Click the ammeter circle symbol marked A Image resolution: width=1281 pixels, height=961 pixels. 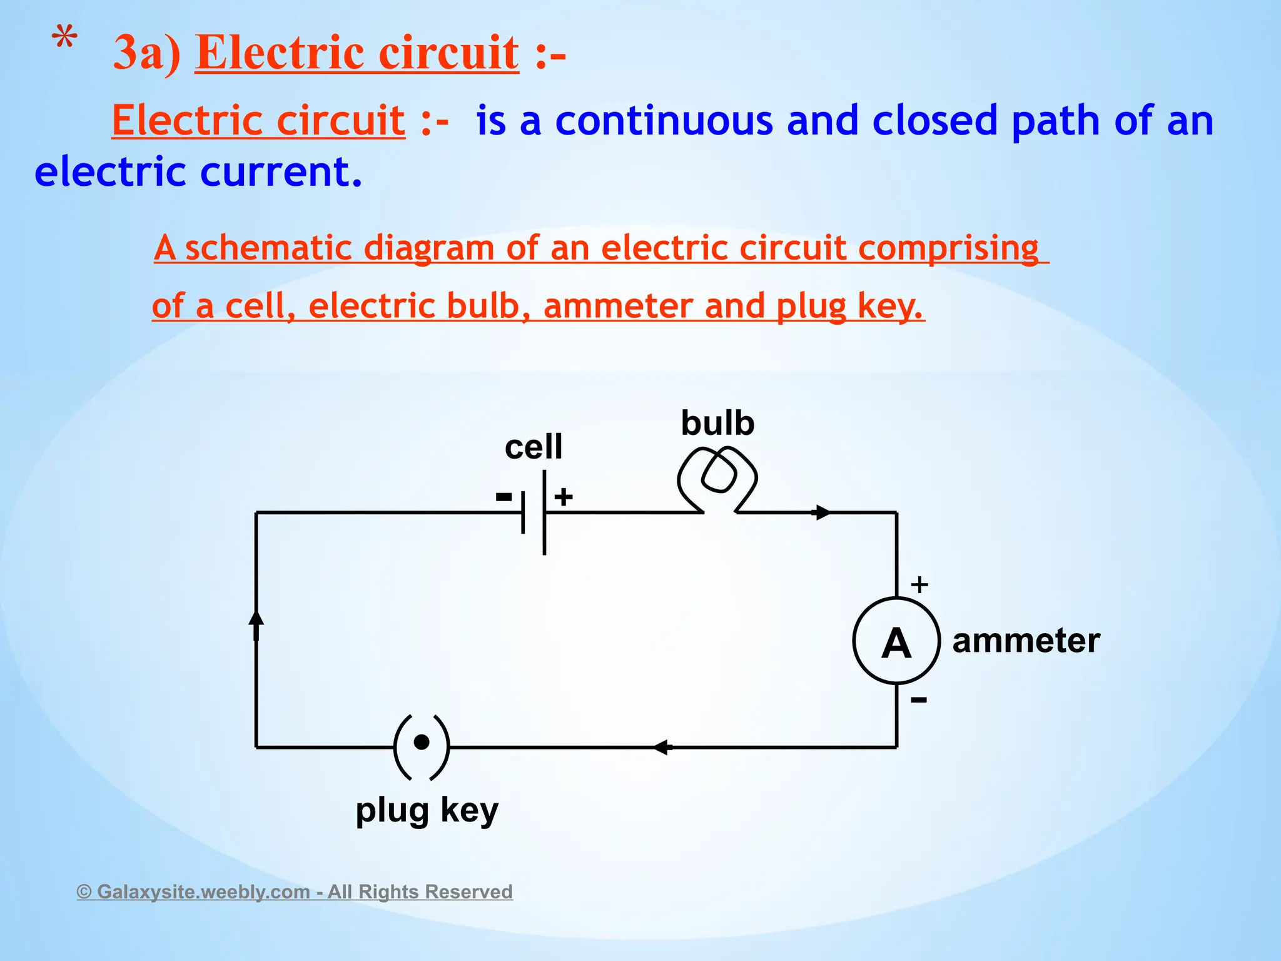pos(896,641)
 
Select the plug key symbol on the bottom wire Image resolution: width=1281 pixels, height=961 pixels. pos(422,747)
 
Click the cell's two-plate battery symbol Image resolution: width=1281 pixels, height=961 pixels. pos(534,512)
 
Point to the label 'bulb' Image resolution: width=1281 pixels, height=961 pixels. pos(717,423)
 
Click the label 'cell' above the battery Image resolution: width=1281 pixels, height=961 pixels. pos(534,447)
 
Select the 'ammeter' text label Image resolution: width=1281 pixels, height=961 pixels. pos(1026,641)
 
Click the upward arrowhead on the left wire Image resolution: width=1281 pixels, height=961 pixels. pos(256,619)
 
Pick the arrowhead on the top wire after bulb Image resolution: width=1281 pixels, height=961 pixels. pos(822,512)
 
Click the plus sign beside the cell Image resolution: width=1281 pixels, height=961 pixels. pos(564,497)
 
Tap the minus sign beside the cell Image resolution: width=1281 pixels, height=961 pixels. pos(504,497)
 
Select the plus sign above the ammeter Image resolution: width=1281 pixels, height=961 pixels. pos(919,585)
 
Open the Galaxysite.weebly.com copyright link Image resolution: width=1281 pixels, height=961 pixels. pos(295,891)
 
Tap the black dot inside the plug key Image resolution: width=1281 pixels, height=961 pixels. pos(422,742)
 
